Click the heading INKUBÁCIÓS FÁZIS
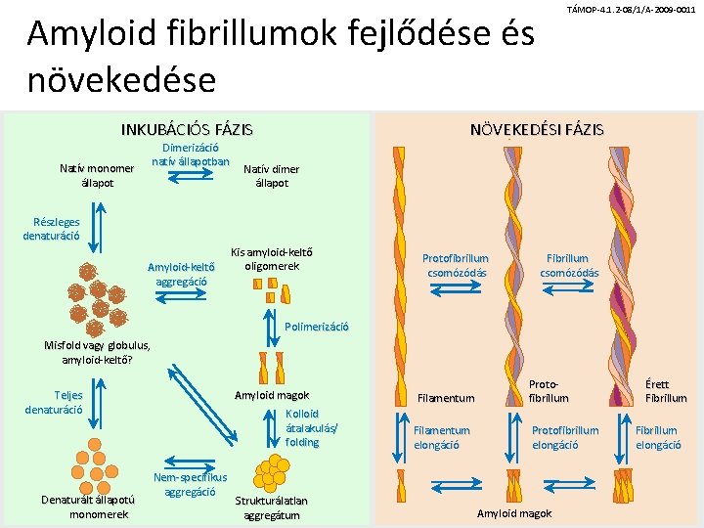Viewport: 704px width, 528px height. (x=186, y=129)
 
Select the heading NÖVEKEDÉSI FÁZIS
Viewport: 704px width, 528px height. (x=537, y=129)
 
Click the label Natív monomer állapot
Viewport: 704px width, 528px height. (x=97, y=176)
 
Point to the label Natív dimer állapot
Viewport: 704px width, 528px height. (x=271, y=176)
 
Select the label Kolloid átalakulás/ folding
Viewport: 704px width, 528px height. (x=303, y=428)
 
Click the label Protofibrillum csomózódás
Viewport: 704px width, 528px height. (x=456, y=265)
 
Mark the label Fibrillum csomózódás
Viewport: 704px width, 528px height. (x=569, y=265)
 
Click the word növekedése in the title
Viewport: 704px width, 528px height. (x=121, y=78)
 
